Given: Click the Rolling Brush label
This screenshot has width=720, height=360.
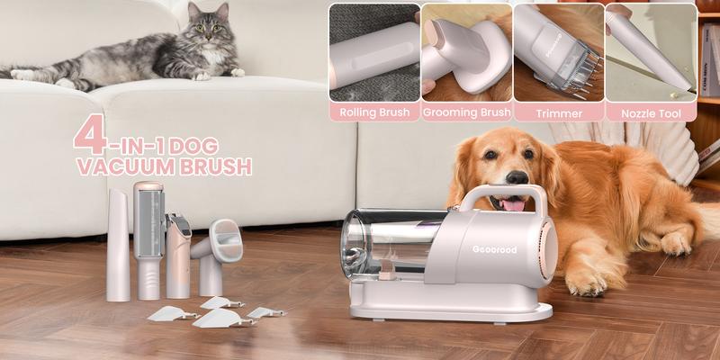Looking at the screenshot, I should coord(373,113).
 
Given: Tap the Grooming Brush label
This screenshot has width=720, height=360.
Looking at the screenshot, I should coord(465,113).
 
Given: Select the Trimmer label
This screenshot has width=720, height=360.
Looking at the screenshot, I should coord(558,113).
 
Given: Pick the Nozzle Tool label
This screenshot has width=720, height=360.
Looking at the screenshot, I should coord(651,113).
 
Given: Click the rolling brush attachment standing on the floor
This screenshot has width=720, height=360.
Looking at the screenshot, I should coord(148,238).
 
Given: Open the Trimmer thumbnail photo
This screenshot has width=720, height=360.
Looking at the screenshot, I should coord(558,51).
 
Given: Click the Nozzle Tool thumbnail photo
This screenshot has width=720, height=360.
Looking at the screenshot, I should coord(651,51).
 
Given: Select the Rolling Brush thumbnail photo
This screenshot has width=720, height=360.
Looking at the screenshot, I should coord(373,51).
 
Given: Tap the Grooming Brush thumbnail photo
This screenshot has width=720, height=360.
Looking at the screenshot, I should coord(465,51).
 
